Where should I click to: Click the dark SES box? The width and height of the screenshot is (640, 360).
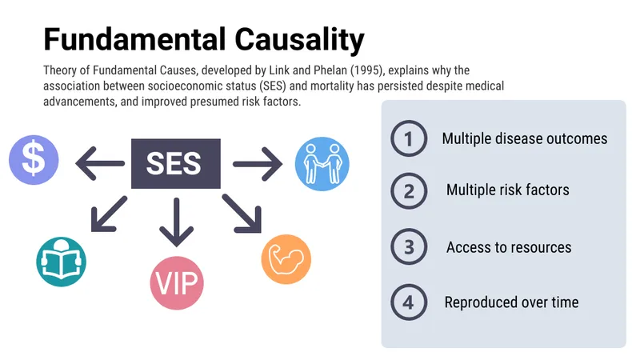click(176, 164)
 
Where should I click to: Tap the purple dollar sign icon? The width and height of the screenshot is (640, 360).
click(34, 160)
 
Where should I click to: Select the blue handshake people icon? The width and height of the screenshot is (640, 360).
click(322, 164)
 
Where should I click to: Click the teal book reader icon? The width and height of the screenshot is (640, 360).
click(62, 262)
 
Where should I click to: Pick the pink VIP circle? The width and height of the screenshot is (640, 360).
click(177, 283)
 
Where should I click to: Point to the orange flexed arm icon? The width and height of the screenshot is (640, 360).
click(286, 259)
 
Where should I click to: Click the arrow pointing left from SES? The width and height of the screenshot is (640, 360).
click(100, 164)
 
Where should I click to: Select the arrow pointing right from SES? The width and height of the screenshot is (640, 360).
click(258, 164)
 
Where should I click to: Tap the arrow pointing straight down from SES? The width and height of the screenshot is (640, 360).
click(176, 222)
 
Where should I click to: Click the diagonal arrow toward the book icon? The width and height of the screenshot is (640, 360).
click(109, 214)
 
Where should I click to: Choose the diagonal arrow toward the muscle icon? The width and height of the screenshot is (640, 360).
click(242, 214)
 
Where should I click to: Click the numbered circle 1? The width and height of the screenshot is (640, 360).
click(409, 138)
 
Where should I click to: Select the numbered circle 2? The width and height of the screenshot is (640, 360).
click(409, 190)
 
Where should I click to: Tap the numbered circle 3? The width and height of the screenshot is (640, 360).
click(409, 247)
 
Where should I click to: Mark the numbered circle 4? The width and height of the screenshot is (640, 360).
click(409, 302)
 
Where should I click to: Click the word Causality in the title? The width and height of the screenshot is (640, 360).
click(299, 41)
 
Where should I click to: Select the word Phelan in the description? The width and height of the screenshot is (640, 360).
click(330, 70)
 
